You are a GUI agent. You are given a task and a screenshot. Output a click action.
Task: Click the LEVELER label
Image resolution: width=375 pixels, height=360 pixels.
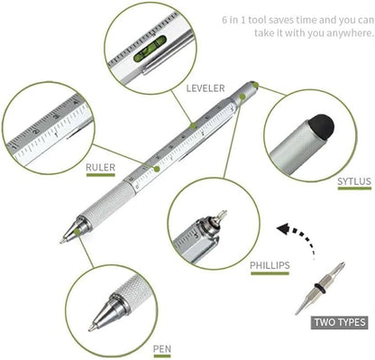206,88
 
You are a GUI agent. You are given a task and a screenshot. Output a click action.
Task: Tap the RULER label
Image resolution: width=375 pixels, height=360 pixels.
100,167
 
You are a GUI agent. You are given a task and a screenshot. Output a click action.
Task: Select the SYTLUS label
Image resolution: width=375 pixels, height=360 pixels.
353,181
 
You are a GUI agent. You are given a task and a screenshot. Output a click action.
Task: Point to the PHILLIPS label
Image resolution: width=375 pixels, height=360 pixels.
270,264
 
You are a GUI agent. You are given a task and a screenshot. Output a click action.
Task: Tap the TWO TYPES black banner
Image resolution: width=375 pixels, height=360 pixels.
339,321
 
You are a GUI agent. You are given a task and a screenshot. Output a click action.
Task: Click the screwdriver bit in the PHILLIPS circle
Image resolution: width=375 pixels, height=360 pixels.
215,220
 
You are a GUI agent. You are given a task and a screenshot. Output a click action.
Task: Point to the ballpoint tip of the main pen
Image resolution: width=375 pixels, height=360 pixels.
65,239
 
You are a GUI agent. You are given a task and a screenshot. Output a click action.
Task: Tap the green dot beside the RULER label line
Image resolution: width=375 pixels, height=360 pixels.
157,167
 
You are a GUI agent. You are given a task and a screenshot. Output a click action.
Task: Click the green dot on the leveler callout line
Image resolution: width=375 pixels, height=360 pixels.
192,124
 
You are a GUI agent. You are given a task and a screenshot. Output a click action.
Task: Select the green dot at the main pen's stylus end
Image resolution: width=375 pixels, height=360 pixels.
256,85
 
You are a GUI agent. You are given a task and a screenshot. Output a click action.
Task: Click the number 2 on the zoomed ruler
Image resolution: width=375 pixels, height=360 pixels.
36,137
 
